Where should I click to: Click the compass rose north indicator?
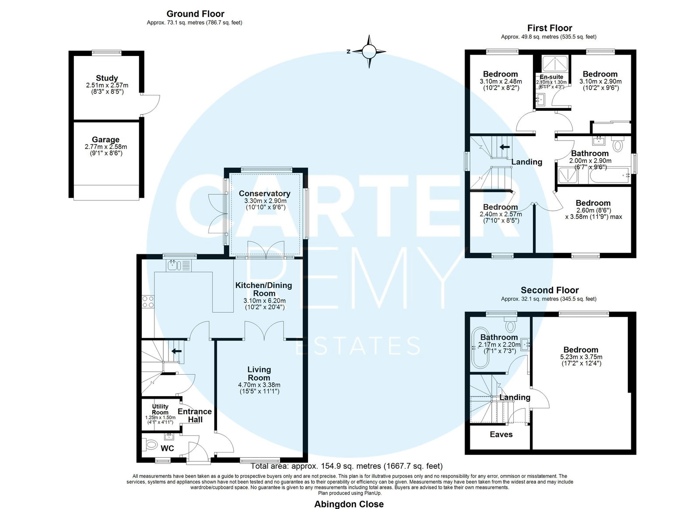click(x=349, y=52)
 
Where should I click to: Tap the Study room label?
click(x=107, y=78)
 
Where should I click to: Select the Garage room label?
click(x=105, y=140)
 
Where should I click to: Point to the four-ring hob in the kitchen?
click(x=148, y=302)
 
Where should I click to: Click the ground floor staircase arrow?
click(x=177, y=351)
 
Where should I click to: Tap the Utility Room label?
click(x=160, y=409)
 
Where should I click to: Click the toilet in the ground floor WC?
click(x=149, y=444)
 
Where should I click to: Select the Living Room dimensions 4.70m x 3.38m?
click(x=259, y=385)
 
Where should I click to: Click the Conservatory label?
click(x=264, y=193)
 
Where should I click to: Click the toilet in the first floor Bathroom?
click(x=617, y=144)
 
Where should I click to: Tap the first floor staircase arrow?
click(x=504, y=147)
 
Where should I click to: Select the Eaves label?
click(x=501, y=434)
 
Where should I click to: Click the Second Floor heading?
click(x=549, y=290)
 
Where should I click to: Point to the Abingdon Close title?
click(x=349, y=504)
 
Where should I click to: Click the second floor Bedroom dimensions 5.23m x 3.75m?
click(x=581, y=357)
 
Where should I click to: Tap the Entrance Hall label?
click(x=195, y=415)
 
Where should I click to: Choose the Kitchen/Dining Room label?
click(x=264, y=289)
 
